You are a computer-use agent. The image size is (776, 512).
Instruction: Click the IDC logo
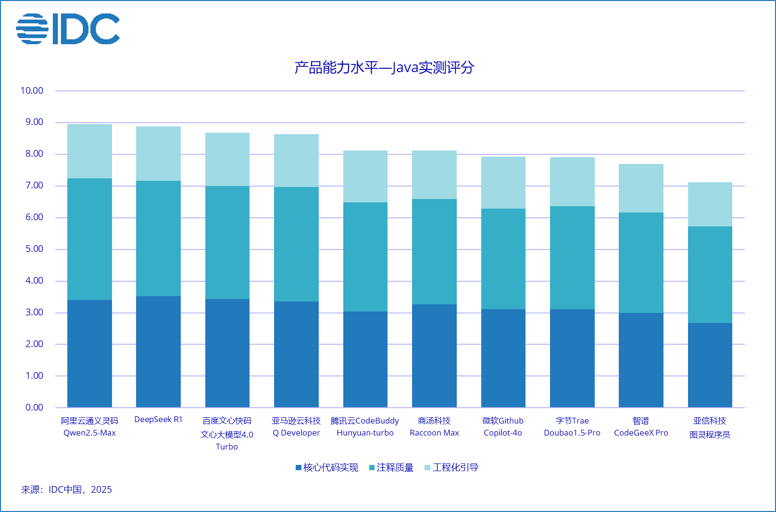point(68,29)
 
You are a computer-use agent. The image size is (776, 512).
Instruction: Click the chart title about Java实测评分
point(384,67)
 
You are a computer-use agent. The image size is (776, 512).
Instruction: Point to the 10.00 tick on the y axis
point(32,91)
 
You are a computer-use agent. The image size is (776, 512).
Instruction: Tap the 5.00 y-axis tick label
point(34,249)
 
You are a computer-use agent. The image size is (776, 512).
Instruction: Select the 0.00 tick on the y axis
point(34,408)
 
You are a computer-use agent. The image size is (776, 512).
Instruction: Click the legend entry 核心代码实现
point(327,468)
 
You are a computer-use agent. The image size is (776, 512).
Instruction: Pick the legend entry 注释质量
point(391,468)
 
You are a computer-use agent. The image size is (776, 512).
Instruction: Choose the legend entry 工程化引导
point(451,468)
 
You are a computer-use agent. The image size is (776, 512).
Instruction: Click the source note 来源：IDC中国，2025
point(66,490)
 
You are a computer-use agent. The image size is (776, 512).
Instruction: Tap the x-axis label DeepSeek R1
point(158,420)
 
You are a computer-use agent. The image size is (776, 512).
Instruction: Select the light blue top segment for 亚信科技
point(710,204)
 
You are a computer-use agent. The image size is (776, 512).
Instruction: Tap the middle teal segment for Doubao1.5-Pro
point(572,258)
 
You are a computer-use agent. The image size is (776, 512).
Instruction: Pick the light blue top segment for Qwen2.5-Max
point(89,151)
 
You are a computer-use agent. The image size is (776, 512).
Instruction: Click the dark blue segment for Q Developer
point(296,354)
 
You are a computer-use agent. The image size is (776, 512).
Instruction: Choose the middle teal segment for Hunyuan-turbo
point(365,257)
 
